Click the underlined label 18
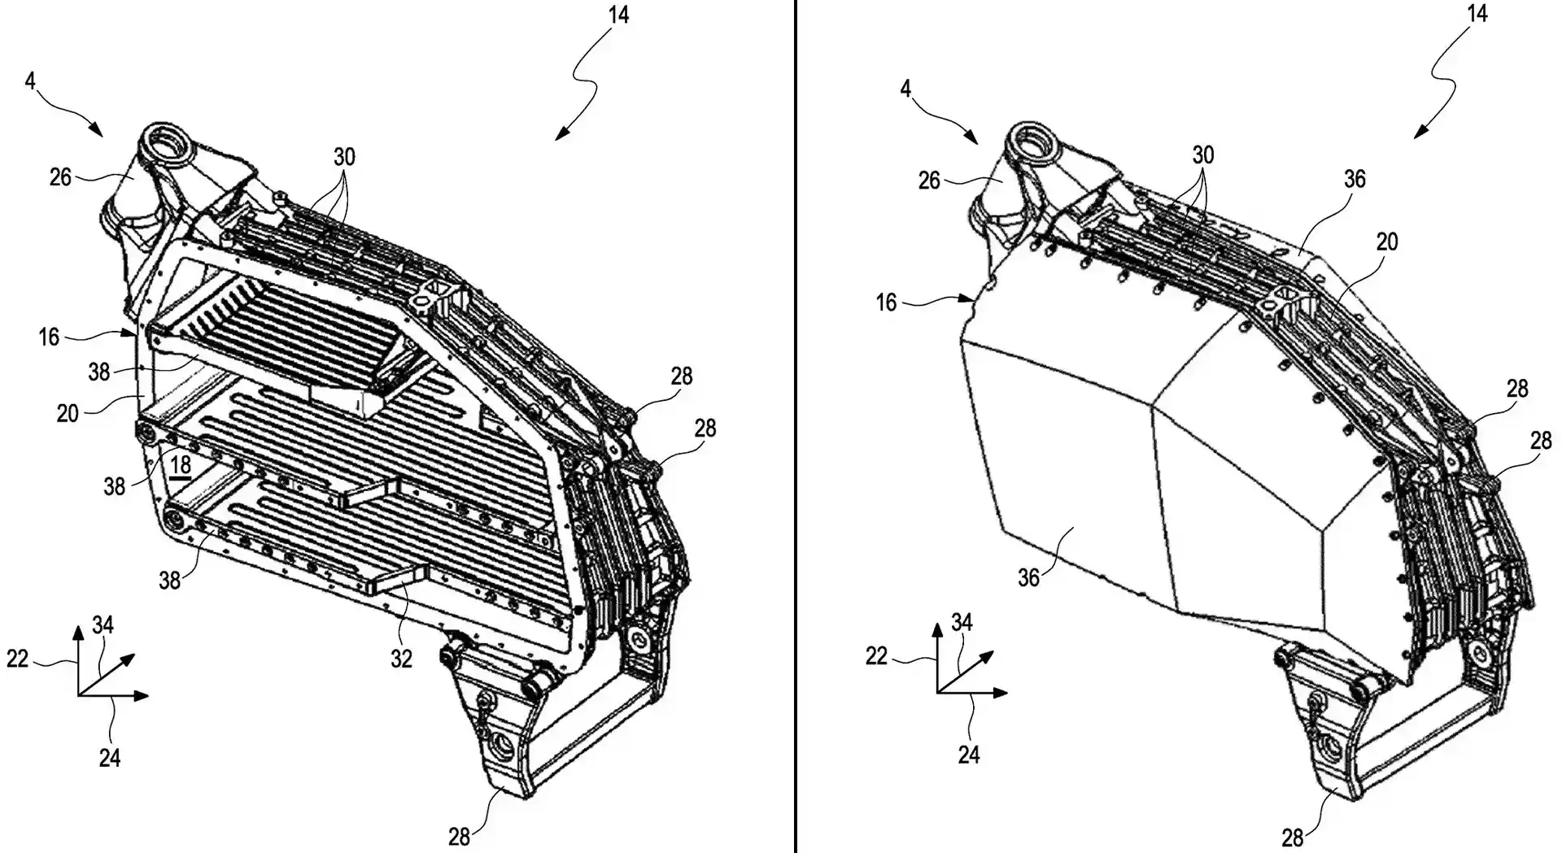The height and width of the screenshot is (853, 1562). (181, 466)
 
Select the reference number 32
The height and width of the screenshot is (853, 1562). (402, 658)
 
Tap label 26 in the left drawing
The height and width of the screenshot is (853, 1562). (61, 176)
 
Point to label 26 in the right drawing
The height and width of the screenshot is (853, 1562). (929, 181)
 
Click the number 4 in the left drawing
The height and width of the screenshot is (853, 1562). (30, 82)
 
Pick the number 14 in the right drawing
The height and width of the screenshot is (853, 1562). (1477, 14)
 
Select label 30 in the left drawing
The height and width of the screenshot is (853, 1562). (344, 157)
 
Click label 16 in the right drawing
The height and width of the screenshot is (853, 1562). (886, 302)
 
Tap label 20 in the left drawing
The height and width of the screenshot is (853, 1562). (68, 413)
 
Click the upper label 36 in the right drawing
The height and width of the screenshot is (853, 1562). (1355, 179)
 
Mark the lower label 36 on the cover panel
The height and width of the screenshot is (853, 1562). (1029, 577)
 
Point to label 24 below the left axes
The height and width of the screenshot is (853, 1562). (110, 758)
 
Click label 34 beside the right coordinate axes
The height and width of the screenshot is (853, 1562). (962, 622)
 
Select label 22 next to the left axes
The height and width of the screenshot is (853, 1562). (18, 658)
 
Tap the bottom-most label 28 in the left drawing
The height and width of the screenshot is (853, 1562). (460, 835)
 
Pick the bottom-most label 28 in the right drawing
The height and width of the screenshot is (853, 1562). (1293, 837)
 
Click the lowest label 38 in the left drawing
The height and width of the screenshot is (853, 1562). (169, 580)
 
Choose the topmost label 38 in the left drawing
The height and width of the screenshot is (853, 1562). (98, 372)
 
